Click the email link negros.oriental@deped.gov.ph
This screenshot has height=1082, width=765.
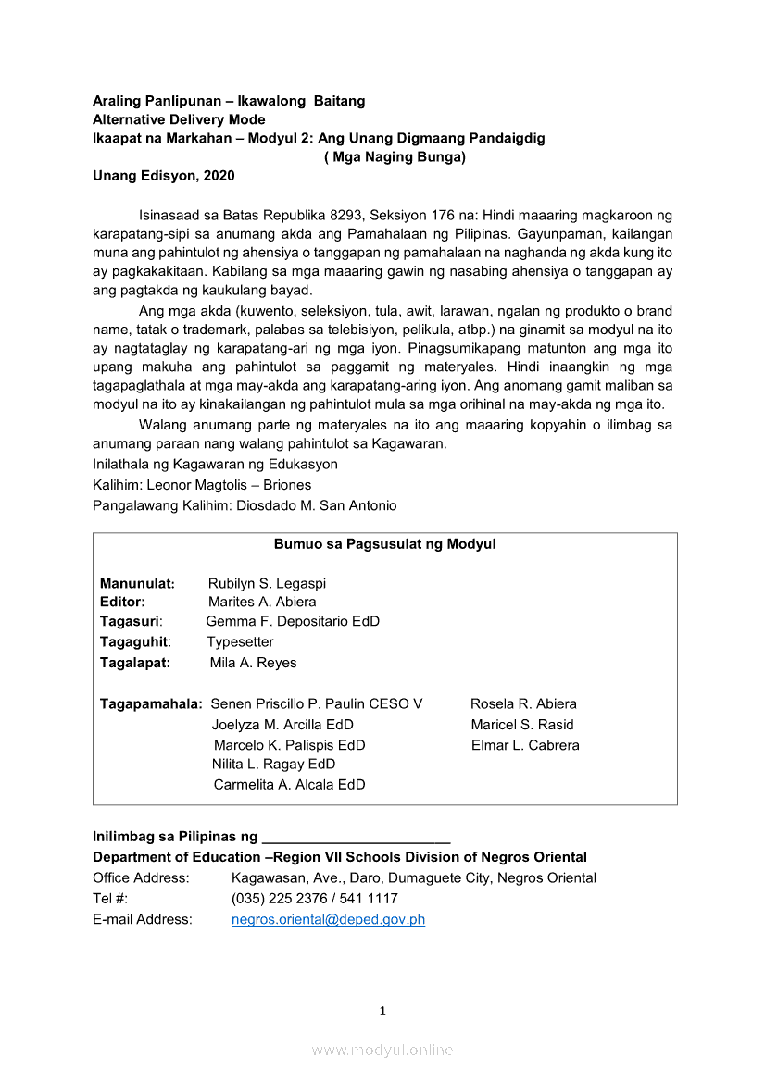[x=328, y=919]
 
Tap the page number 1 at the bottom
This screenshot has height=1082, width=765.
[x=382, y=1011]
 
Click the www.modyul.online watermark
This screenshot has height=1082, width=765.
[x=382, y=1050]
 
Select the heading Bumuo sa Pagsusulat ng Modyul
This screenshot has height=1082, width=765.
[x=384, y=544]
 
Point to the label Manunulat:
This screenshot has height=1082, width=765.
[x=137, y=583]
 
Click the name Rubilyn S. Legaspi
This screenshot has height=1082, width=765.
[x=267, y=583]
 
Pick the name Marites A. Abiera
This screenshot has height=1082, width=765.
[x=262, y=602]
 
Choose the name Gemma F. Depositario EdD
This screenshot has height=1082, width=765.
[x=293, y=621]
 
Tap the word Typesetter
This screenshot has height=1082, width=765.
[x=240, y=641]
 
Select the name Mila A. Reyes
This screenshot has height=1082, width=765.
[x=253, y=663]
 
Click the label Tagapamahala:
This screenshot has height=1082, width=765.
[x=151, y=703]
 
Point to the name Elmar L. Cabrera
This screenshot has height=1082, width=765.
[x=525, y=745]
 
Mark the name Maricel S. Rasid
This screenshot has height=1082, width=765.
[x=522, y=725]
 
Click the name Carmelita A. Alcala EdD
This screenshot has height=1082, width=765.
[x=289, y=784]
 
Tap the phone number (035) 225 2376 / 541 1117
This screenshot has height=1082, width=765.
[x=315, y=898]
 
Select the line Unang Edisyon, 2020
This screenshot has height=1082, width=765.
[x=163, y=176]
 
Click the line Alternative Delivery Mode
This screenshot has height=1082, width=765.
[x=179, y=119]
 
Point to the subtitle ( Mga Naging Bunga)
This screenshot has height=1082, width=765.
[x=395, y=156]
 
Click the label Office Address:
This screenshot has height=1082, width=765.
[x=141, y=877]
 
